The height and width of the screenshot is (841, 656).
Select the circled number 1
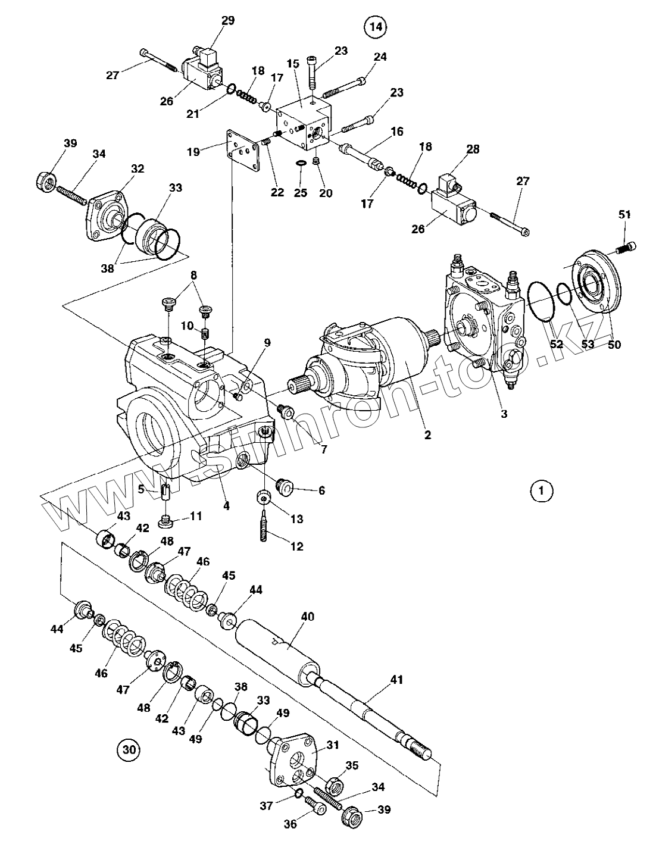[541, 491]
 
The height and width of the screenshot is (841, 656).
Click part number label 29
[227, 21]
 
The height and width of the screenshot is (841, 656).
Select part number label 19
[193, 152]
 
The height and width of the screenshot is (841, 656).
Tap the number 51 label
[624, 214]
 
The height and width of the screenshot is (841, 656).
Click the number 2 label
[427, 434]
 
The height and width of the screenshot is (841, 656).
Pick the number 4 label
[226, 505]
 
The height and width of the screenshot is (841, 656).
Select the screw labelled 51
[624, 248]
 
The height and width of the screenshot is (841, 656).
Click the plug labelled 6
[285, 487]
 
